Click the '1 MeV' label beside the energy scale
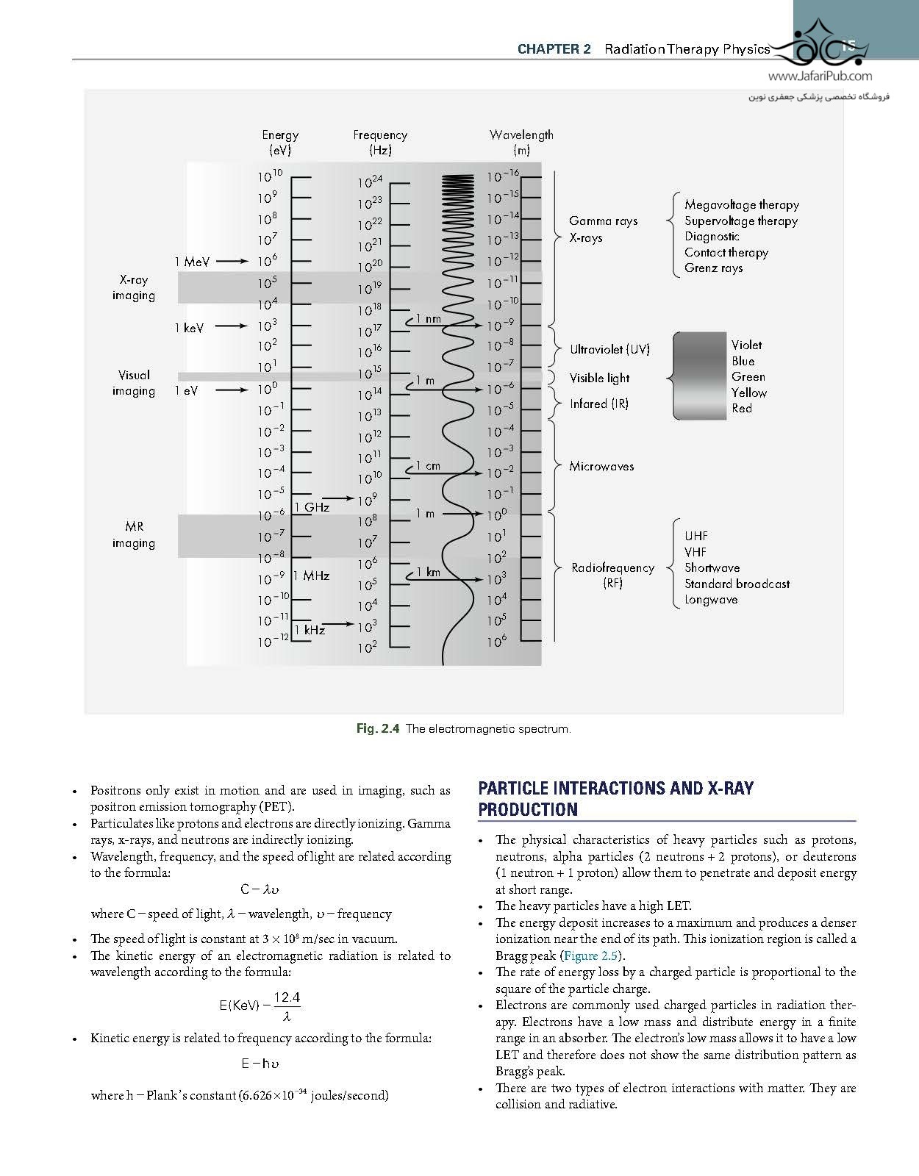click(x=192, y=262)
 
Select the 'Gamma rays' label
click(x=603, y=220)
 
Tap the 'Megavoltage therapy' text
click(x=741, y=205)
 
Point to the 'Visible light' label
click(x=599, y=378)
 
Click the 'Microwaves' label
click(x=601, y=466)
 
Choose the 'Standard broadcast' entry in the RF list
click(x=737, y=584)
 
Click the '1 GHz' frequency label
click(x=312, y=507)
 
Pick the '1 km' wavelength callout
click(x=428, y=572)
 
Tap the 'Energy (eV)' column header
click(x=280, y=143)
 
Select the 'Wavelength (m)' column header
click(x=521, y=143)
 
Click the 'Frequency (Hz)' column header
click(x=380, y=143)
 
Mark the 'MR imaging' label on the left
click(x=134, y=535)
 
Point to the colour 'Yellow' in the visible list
click(x=748, y=392)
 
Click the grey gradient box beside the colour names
click(x=699, y=376)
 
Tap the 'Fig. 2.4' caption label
click(x=377, y=729)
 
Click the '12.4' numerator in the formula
click(x=287, y=997)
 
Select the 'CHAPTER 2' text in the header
click(x=554, y=49)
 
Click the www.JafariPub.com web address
click(x=820, y=76)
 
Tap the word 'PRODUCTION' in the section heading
click(x=527, y=809)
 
